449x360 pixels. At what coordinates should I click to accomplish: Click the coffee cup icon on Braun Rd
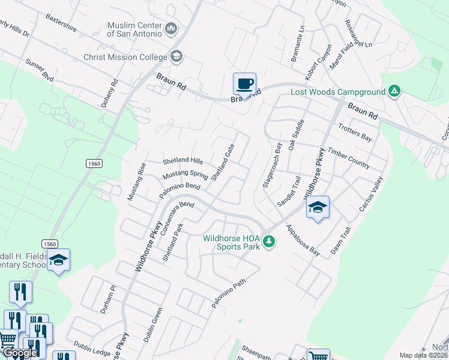click(244, 84)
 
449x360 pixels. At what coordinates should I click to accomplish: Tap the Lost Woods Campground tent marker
click(394, 92)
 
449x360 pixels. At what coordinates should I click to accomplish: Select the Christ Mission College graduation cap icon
click(176, 57)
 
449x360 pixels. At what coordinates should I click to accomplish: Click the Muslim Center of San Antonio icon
click(172, 28)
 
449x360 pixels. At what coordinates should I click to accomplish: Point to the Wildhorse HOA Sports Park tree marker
click(270, 241)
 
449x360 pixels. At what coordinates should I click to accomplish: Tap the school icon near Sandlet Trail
click(318, 208)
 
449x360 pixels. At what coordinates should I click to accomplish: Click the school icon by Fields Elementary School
click(58, 260)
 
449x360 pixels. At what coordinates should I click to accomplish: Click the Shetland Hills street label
click(183, 161)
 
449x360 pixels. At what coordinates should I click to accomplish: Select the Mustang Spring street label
click(185, 176)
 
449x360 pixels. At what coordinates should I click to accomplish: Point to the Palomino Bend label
click(179, 191)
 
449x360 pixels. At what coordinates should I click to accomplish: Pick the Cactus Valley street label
click(370, 194)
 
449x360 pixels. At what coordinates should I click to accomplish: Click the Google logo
click(20, 353)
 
